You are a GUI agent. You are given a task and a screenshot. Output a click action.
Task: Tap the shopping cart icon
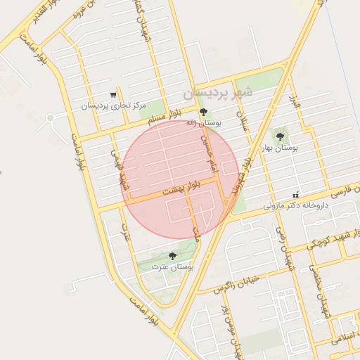pyautogui.click(x=114, y=95)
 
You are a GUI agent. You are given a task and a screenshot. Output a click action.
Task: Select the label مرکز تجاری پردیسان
pyautogui.click(x=113, y=106)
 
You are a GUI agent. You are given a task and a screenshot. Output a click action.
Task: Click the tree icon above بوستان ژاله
pyautogui.click(x=204, y=112)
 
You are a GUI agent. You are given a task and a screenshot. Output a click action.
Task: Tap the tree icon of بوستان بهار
pyautogui.click(x=281, y=136)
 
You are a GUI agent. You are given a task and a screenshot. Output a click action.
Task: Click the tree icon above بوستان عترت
pyautogui.click(x=173, y=256)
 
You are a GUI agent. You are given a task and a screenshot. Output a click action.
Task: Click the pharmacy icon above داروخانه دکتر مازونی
pyautogui.click(x=296, y=195)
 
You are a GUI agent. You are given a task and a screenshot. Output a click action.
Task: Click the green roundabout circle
pyautogui.click(x=50, y=118)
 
